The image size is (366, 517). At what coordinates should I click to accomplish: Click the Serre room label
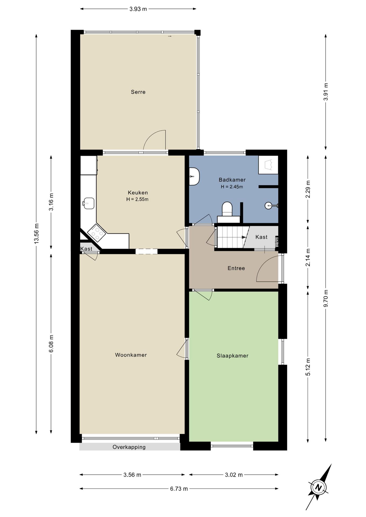coord(138,92)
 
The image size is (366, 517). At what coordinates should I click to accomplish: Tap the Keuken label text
coord(138,193)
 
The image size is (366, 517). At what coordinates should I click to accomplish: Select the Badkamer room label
coord(232,180)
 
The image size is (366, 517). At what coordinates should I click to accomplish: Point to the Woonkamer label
coord(131,355)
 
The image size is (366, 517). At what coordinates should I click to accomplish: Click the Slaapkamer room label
coord(232,356)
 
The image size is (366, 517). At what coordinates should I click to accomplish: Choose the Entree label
coord(236,268)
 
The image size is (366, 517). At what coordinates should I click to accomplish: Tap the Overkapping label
coord(129,447)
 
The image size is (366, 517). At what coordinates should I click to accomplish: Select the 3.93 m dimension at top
coord(138,9)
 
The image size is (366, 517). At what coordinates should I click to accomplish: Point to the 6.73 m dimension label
coord(179,488)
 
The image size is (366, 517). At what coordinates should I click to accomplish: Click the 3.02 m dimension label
coord(234,475)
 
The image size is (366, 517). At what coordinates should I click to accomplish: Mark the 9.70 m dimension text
coord(326,298)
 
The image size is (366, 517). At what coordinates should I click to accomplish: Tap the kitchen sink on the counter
coord(88,203)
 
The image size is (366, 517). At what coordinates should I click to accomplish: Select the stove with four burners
coord(96,232)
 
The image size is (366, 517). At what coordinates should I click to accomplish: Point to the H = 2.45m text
coord(232,187)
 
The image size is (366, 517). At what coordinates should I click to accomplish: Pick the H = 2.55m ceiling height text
coord(137,200)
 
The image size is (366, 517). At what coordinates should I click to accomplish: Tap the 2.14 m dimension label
coord(308,257)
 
